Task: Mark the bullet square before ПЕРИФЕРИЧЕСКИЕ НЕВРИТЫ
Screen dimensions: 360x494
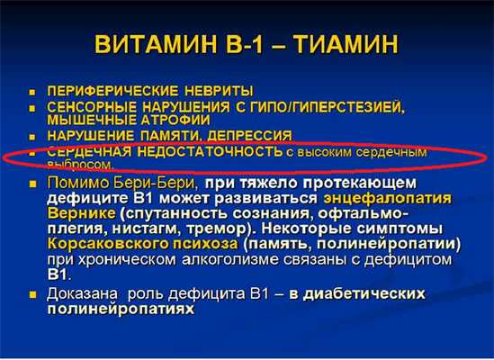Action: [x=31, y=92]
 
